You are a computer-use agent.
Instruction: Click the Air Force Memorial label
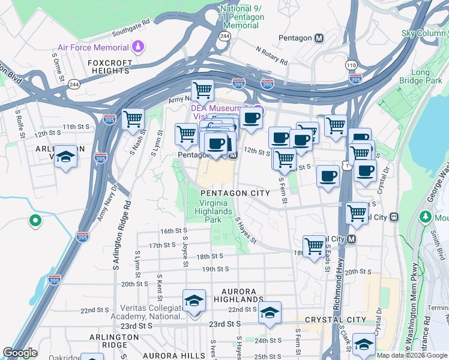pyautogui.click(x=93, y=47)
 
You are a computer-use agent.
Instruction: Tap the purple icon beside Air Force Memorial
pyautogui.click(x=139, y=47)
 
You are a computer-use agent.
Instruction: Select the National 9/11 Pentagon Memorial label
pyautogui.click(x=242, y=17)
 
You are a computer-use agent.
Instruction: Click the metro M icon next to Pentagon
pyautogui.click(x=319, y=38)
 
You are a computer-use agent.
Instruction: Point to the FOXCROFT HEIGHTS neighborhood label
pyautogui.click(x=109, y=66)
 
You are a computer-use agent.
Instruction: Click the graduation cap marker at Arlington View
pyautogui.click(x=65, y=157)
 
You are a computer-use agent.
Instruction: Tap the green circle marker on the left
pyautogui.click(x=35, y=221)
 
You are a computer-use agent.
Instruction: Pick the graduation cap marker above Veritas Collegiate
pyautogui.click(x=194, y=300)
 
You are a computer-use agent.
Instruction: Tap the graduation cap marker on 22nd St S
pyautogui.click(x=270, y=312)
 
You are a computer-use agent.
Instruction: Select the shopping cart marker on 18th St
pyautogui.click(x=314, y=245)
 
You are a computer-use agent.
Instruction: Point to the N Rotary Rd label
pyautogui.click(x=271, y=56)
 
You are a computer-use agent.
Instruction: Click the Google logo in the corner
pyautogui.click(x=20, y=353)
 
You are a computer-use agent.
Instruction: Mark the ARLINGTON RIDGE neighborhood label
pyautogui.click(x=108, y=337)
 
